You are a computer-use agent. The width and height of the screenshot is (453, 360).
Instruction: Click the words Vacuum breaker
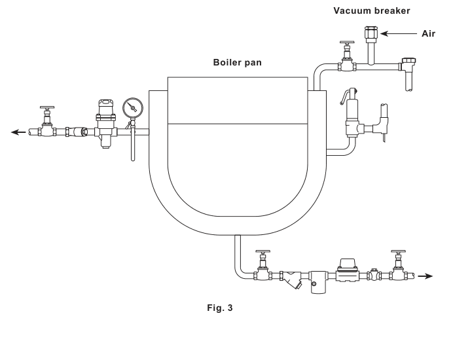coord(372,10)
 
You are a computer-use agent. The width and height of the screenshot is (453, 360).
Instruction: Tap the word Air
coord(428,33)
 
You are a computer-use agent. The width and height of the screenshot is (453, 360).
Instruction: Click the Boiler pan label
coord(237,62)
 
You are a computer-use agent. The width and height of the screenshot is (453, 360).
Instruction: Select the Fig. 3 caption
coord(219,308)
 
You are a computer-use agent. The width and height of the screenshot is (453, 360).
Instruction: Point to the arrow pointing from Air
coord(399,34)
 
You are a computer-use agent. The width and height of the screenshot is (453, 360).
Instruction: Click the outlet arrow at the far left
coord(18,132)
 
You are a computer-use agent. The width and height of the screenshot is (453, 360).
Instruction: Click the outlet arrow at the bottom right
coord(425,276)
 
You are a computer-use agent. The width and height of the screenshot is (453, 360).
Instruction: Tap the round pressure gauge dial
coord(133,108)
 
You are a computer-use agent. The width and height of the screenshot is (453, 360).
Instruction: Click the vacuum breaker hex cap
coord(371,33)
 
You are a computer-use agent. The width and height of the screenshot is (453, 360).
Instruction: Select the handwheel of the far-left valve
coord(47,108)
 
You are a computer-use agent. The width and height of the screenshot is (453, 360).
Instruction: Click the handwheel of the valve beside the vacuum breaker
coord(347,42)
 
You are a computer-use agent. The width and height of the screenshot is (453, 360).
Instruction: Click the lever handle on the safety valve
coord(345,96)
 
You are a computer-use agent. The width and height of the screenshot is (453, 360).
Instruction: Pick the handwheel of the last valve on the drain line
coord(398,251)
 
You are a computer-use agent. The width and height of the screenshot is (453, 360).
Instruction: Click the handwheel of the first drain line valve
coord(263,251)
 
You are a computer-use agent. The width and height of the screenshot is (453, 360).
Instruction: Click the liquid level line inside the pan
coord(238,124)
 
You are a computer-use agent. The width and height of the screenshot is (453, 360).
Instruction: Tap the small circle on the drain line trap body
coord(314,283)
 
